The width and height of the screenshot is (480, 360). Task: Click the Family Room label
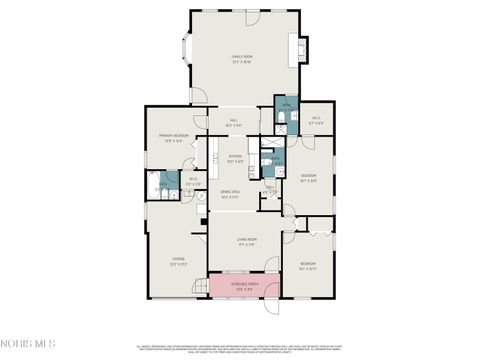240,59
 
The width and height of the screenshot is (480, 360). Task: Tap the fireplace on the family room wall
298,50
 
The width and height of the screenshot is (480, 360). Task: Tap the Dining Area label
232,195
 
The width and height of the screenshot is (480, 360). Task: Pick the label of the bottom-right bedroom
308,265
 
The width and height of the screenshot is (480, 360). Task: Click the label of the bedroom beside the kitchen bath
308,180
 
